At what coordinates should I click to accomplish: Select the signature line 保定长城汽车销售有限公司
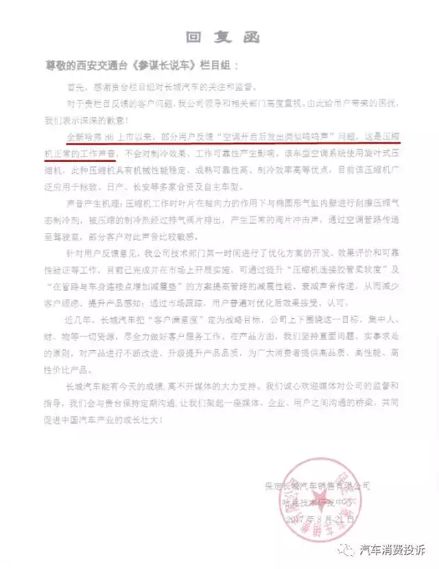pos(318,487)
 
